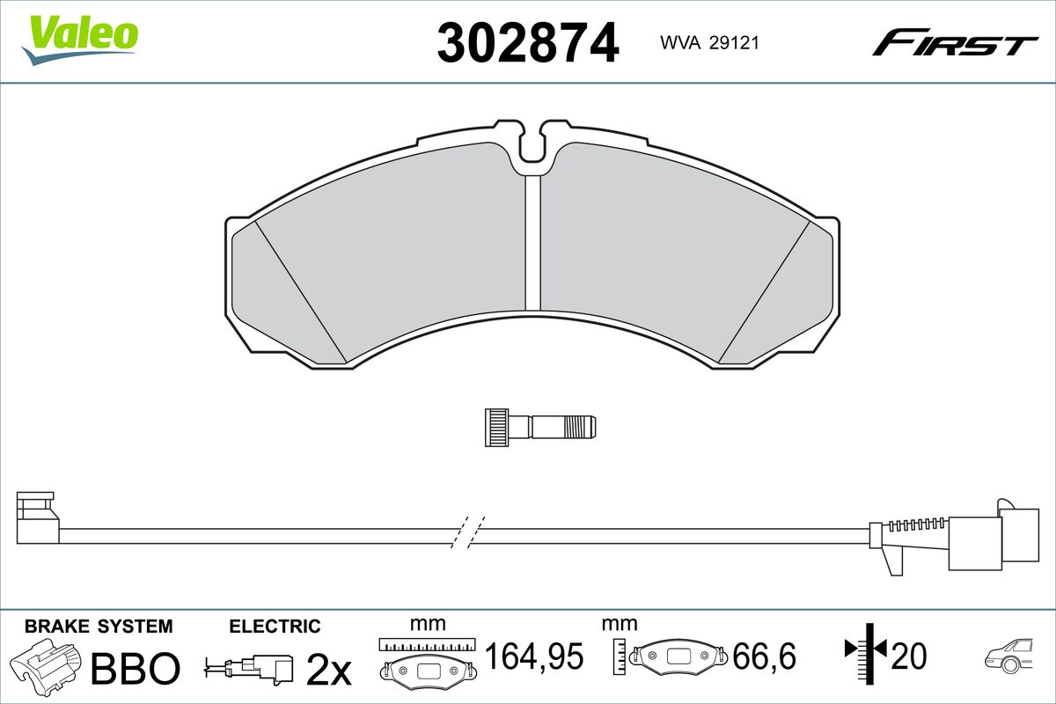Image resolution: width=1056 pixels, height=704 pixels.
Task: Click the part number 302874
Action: tap(527, 43)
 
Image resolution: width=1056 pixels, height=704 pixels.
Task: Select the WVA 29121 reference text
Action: tap(709, 43)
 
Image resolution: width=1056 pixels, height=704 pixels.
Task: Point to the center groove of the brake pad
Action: tap(532, 243)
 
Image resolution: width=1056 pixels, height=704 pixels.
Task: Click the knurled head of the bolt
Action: tap(497, 427)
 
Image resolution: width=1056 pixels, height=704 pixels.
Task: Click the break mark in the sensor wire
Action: tap(467, 532)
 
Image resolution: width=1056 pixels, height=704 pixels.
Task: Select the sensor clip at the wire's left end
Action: tap(38, 517)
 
